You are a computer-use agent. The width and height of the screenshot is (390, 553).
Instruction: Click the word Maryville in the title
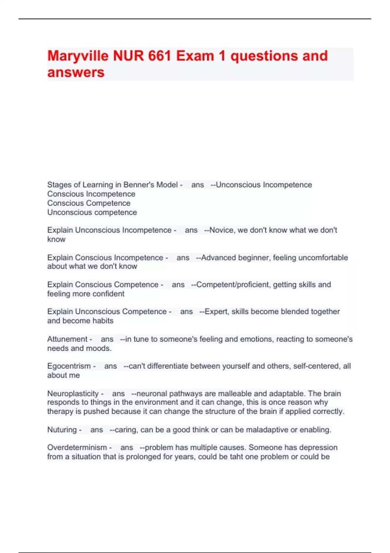[x=77, y=56]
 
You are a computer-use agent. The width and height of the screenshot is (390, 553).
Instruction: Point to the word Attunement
[x=67, y=339]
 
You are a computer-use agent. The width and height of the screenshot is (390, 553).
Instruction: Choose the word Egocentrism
[x=69, y=366]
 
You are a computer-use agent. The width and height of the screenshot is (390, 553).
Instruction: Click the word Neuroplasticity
[x=73, y=394]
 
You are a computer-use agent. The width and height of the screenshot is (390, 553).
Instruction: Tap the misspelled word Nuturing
[x=62, y=430]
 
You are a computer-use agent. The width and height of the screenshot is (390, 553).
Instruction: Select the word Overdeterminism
[x=77, y=448]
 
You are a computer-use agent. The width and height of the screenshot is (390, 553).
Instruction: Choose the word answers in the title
[x=76, y=72]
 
